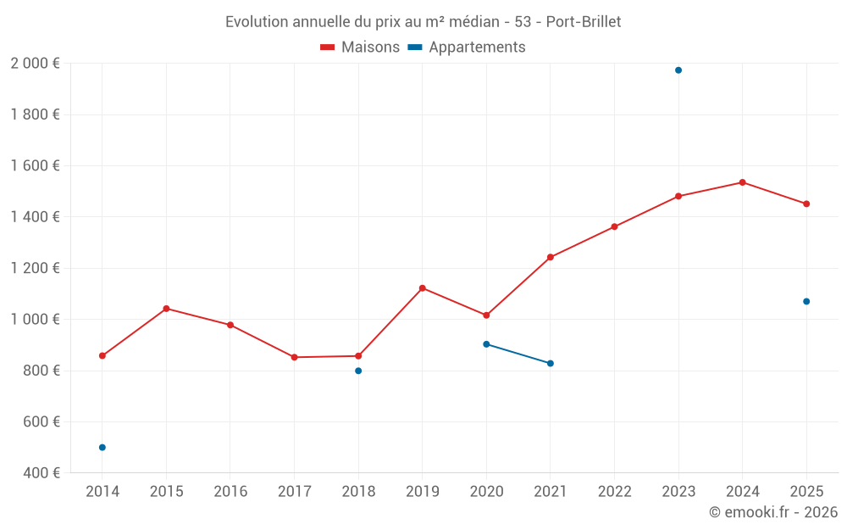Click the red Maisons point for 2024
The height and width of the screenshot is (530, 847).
coord(743,182)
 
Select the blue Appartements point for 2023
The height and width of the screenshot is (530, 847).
coord(678,70)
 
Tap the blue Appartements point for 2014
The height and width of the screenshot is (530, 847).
coord(102,448)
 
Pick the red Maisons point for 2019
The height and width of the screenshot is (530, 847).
coord(423,288)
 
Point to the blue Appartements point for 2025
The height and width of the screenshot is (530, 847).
coord(806,302)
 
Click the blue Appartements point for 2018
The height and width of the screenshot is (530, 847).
coord(358,371)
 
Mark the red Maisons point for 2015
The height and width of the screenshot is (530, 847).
coord(166,309)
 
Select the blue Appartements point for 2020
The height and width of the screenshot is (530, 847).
coord(486,344)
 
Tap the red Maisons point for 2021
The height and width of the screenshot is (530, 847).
coord(551,257)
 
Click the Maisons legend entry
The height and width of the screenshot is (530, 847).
coord(360,47)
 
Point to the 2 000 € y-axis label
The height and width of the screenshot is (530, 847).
coord(36,64)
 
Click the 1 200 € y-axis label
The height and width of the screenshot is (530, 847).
coord(36,269)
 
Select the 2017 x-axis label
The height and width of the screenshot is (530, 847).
coord(294,492)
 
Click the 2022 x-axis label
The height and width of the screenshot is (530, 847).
coord(614,492)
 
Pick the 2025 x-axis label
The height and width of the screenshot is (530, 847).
coord(806,492)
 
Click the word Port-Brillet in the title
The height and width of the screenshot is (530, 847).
coord(584,22)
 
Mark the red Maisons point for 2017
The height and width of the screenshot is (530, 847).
coord(294,357)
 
